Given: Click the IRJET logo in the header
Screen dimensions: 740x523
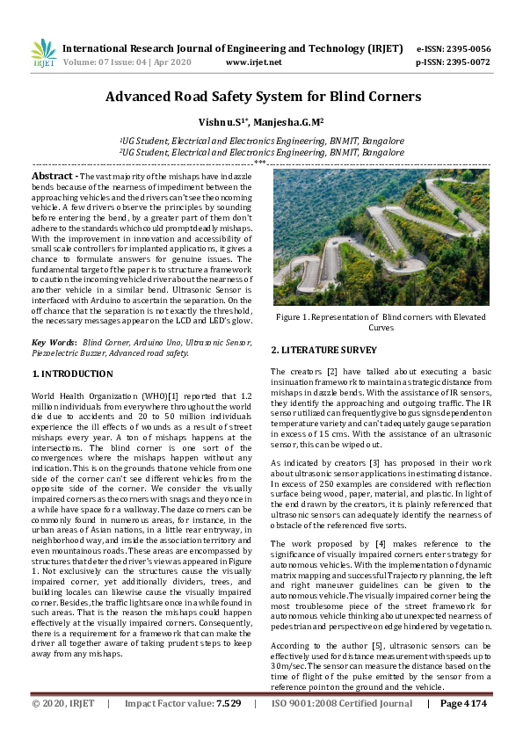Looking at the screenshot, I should point(44,54).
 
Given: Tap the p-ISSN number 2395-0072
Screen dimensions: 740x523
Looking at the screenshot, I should point(468,62).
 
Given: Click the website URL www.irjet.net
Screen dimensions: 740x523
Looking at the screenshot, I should point(253,62).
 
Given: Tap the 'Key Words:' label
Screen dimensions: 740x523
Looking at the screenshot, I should point(52,341).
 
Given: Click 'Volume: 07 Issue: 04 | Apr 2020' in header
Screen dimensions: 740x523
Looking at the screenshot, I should point(127,62).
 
